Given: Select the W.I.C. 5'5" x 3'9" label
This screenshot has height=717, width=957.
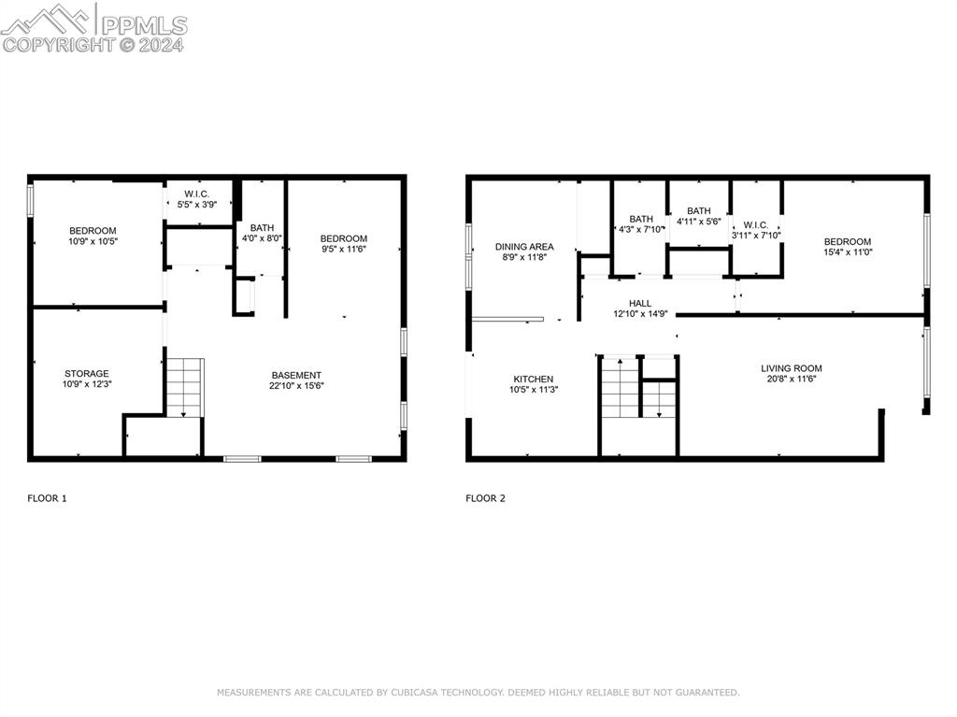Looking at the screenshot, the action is tap(197, 199).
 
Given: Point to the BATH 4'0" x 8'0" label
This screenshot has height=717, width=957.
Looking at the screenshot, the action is tap(262, 233).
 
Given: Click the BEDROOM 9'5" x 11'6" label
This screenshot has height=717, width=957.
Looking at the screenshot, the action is tap(344, 244).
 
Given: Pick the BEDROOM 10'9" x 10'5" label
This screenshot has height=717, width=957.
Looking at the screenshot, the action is tap(93, 236).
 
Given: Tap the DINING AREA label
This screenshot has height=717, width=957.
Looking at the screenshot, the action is tap(524, 251).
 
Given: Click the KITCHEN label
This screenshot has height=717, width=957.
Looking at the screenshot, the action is tap(534, 384).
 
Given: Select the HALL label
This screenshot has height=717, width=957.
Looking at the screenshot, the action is tap(640, 308).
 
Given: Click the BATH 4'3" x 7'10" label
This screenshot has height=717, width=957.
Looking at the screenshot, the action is tap(641, 224).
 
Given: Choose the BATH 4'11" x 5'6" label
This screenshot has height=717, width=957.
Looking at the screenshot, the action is tap(699, 216).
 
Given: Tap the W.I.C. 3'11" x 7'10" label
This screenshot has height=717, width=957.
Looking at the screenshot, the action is tap(756, 230).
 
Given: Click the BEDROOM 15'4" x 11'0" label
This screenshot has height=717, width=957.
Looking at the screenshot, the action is tap(848, 247).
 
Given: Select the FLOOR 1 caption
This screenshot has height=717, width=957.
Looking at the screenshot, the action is tap(47, 498).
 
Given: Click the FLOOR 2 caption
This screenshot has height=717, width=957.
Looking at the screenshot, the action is tap(485, 498).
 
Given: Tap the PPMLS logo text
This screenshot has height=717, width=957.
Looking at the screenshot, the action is tap(144, 25).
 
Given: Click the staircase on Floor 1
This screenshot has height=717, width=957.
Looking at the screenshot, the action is tap(185, 387).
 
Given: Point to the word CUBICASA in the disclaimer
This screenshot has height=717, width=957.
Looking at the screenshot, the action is tap(416, 693).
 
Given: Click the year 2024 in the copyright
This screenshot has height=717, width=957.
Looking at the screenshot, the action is tap(161, 45).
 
